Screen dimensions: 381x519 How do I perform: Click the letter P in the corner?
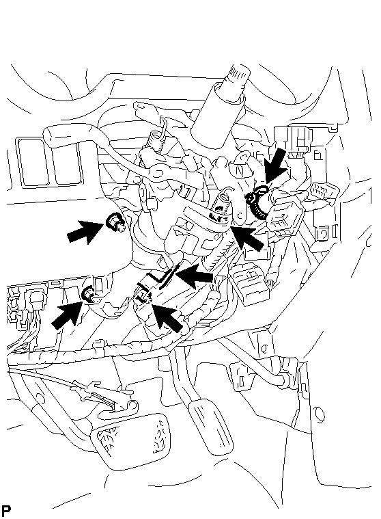(6, 510)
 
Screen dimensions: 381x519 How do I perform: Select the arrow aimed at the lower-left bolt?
(67, 315)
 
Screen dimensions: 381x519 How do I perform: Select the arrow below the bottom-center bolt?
(168, 317)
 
